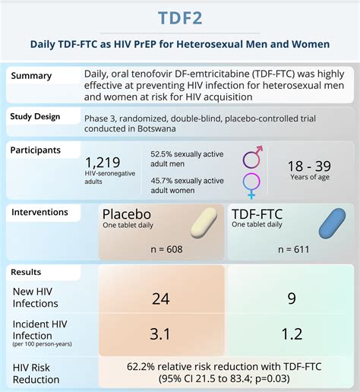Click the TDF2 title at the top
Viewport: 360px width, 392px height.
tap(180, 17)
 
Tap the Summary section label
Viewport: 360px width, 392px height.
tap(31, 76)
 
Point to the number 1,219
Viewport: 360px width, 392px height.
tap(104, 163)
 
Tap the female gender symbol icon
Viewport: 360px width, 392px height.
tap(251, 185)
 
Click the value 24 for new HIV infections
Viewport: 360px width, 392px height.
tap(160, 299)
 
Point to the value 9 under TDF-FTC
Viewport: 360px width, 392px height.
tap(291, 299)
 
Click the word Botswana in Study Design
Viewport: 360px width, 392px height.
tap(142, 127)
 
